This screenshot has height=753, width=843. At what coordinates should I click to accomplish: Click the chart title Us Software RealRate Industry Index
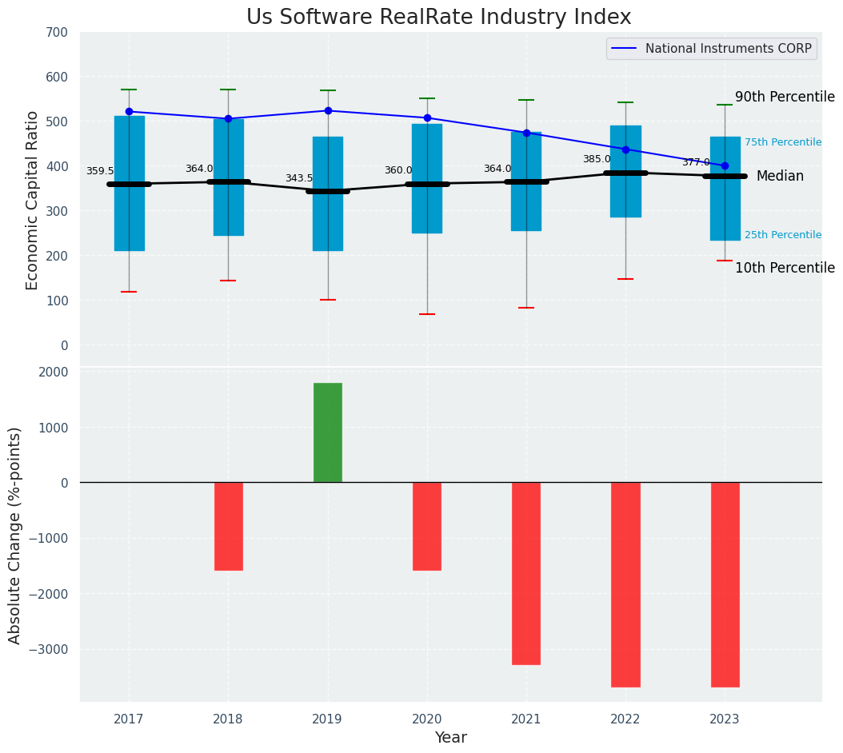438,18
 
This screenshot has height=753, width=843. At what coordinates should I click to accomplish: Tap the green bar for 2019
328,432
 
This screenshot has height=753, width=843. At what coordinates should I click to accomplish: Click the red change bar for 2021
526,573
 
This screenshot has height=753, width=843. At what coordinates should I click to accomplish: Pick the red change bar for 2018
229,526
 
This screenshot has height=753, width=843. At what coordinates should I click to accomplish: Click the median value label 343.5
299,178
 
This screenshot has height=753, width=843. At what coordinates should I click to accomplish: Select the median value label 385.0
597,159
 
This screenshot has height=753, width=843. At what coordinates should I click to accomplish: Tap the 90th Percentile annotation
785,98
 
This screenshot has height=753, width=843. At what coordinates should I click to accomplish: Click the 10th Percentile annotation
785,268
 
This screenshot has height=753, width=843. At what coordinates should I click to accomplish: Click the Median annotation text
780,176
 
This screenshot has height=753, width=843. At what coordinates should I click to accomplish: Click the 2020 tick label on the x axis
427,719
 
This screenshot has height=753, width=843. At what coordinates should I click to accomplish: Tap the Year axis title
451,738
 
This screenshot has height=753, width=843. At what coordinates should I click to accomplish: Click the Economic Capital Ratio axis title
33,201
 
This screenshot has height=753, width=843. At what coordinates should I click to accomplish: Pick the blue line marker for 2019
328,110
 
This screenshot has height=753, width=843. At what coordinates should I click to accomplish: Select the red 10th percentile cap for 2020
427,314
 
